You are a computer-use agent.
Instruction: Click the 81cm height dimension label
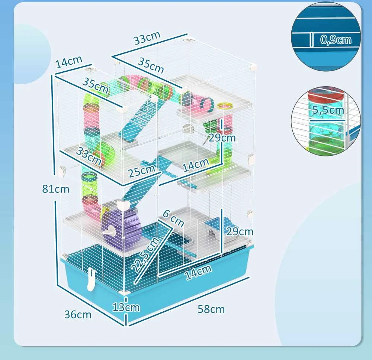tap(56, 189)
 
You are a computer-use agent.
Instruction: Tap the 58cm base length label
tap(211, 309)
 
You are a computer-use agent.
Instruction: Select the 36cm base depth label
tap(78, 315)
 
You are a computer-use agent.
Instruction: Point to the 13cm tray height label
tap(126, 307)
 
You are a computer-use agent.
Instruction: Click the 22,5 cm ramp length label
tap(145, 254)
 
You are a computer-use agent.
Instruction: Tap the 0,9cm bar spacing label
tap(336, 40)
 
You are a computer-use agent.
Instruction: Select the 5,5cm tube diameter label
tap(328, 110)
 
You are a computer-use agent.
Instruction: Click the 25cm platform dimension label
tap(142, 171)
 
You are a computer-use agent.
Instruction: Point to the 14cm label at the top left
tap(69, 62)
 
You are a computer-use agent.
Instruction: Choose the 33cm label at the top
tap(147, 38)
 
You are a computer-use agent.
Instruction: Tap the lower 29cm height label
tap(240, 231)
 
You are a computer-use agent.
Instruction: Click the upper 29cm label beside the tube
tap(222, 138)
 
